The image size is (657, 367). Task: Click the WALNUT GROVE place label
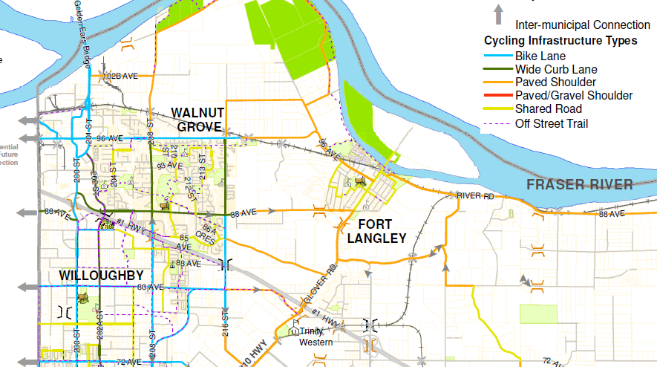click(197, 119)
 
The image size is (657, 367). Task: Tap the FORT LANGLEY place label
click(377, 231)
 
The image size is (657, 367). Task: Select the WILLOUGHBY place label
click(101, 276)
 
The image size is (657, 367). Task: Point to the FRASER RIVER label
click(580, 185)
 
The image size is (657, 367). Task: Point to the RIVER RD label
click(475, 195)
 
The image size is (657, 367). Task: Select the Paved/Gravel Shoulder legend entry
click(574, 96)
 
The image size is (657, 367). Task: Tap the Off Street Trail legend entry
click(552, 123)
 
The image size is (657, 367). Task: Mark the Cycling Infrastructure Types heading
click(560, 40)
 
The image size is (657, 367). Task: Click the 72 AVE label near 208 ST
click(128, 362)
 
